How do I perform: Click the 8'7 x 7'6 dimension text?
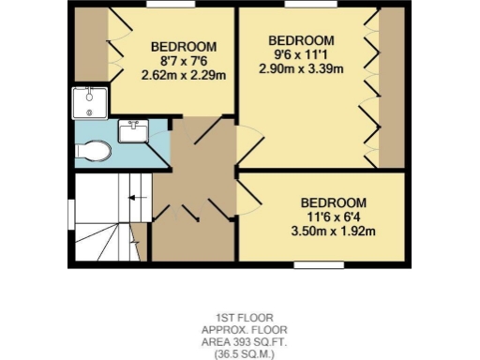(x=184, y=62)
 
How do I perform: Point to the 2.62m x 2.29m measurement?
(x=184, y=77)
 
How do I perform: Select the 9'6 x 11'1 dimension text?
(x=301, y=55)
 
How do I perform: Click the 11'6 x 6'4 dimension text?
(x=332, y=217)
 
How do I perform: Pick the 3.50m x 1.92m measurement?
(x=332, y=232)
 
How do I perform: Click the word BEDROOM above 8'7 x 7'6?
(x=184, y=47)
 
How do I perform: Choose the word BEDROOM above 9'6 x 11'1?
(x=301, y=40)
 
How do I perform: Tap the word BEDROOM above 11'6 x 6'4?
(x=332, y=202)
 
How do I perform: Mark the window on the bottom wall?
(x=319, y=265)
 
